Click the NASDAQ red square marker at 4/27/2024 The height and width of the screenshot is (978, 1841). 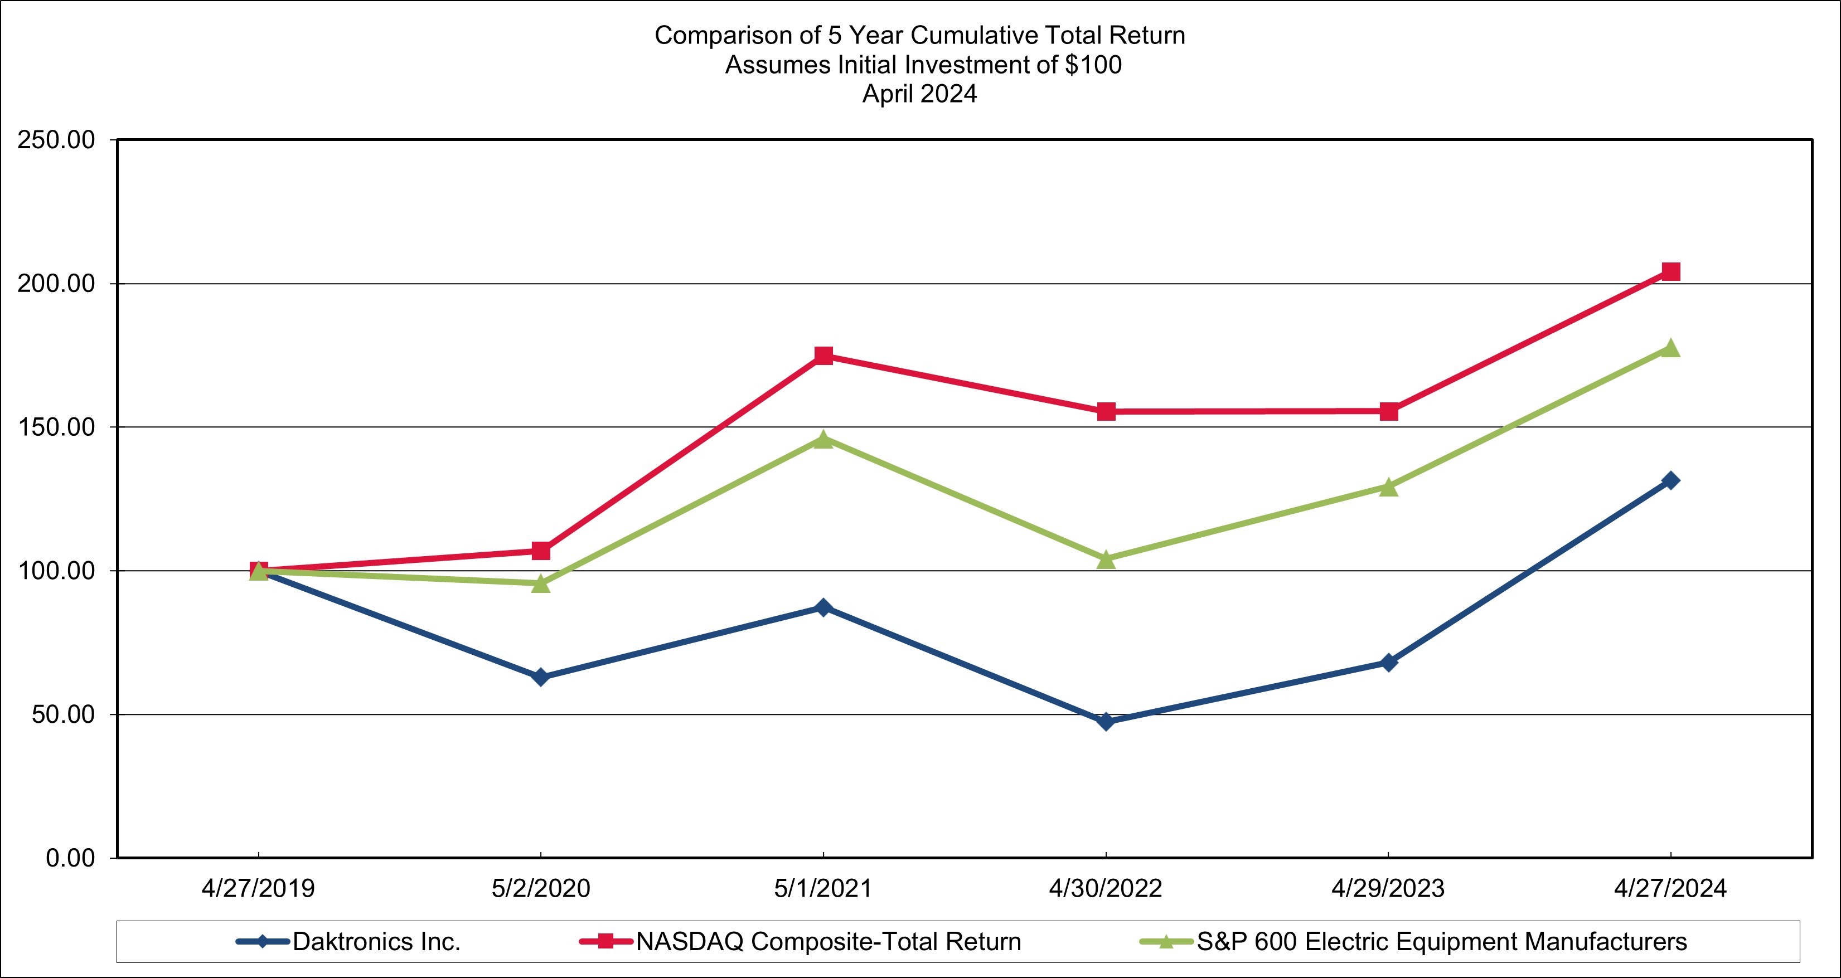click(1671, 271)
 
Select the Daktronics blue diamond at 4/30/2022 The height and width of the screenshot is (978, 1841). click(1106, 722)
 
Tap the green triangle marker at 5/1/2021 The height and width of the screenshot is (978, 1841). click(823, 439)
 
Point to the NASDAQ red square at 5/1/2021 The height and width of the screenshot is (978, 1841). click(823, 355)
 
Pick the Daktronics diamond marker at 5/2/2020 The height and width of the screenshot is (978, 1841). click(540, 677)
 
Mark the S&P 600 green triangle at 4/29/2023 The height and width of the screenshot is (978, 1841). click(1388, 487)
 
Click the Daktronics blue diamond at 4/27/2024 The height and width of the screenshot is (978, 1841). click(1671, 480)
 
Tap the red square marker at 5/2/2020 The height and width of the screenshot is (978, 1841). click(541, 551)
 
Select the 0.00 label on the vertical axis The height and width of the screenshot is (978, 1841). click(71, 858)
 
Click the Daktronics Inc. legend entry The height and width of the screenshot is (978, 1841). click(376, 942)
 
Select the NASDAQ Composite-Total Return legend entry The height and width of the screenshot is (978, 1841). click(829, 942)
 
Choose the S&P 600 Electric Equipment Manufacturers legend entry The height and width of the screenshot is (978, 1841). click(1441, 942)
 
